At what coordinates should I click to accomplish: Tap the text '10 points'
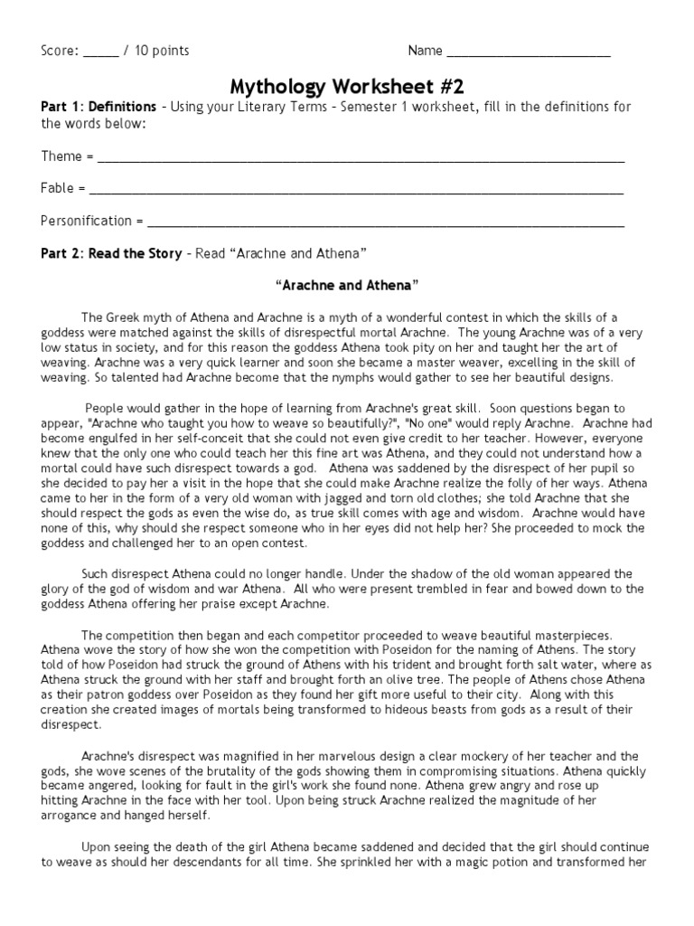click(x=162, y=51)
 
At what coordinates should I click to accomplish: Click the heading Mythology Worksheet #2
click(x=347, y=87)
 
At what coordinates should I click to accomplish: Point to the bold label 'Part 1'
click(x=61, y=107)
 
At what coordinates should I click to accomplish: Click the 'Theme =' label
click(x=67, y=156)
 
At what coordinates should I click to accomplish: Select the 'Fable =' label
click(x=63, y=189)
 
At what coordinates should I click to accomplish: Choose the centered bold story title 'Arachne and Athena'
click(x=347, y=285)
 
